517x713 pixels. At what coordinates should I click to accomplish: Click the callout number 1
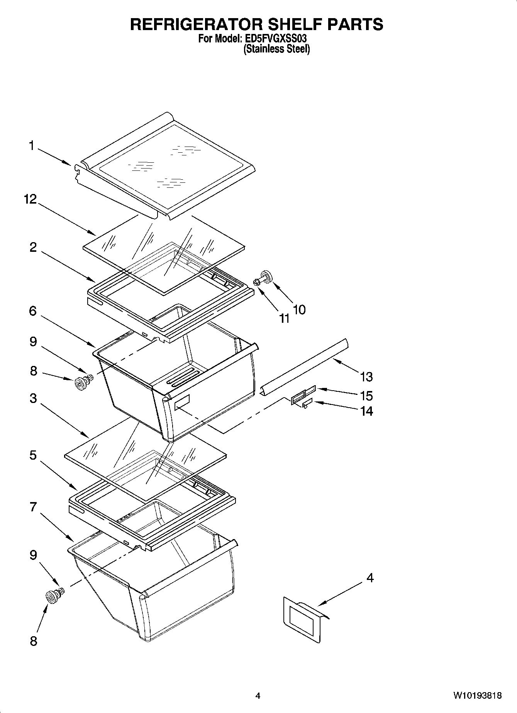coord(32,146)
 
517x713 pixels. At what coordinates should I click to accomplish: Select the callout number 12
coord(30,199)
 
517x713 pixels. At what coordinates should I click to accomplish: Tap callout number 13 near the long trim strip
coord(366,376)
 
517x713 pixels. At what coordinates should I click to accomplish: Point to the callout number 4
coord(370,578)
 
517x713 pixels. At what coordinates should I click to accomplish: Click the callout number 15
coord(366,396)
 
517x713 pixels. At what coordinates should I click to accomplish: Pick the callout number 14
coord(366,411)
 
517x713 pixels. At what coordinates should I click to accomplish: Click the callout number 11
coord(284,318)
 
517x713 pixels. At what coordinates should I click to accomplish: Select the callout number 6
coord(33,310)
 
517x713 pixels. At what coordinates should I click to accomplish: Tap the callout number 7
coord(33,507)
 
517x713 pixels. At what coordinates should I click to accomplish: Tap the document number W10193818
coord(478,696)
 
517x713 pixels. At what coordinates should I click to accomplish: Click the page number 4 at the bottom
coord(258,696)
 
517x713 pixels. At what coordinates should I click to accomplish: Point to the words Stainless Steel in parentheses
coord(276,49)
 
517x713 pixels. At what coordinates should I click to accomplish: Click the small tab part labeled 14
coord(307,403)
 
